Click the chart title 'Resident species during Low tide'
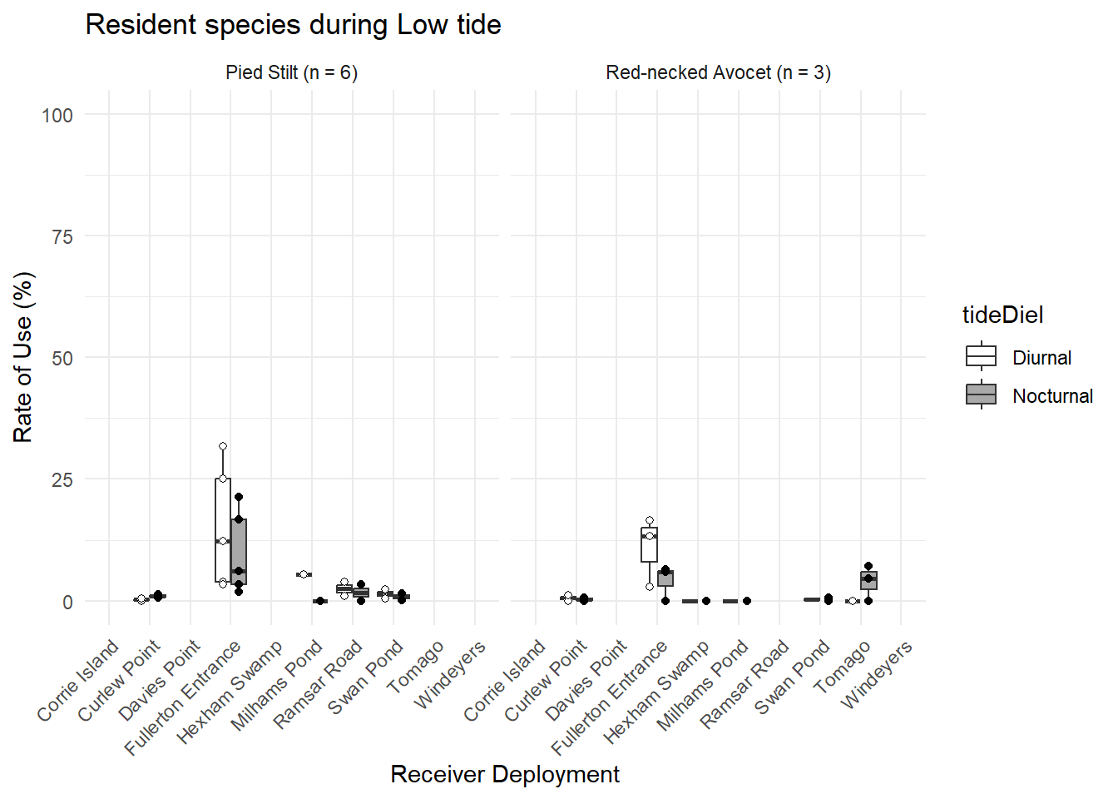point(293,25)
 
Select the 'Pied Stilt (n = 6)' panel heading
point(291,72)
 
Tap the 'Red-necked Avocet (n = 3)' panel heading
point(718,72)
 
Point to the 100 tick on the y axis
point(57,115)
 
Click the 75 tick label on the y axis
point(62,237)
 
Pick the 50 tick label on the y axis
point(62,359)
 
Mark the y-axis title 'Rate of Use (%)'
point(23,357)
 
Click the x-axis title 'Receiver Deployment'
point(505,774)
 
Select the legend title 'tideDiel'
point(1002,315)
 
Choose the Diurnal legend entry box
point(981,356)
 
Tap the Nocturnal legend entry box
point(981,395)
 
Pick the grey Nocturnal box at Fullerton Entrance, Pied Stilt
point(239,551)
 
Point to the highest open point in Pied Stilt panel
point(223,446)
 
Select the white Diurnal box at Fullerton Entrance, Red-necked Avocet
point(649,545)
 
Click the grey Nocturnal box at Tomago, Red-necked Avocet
point(868,580)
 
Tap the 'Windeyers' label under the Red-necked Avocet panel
point(877,675)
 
